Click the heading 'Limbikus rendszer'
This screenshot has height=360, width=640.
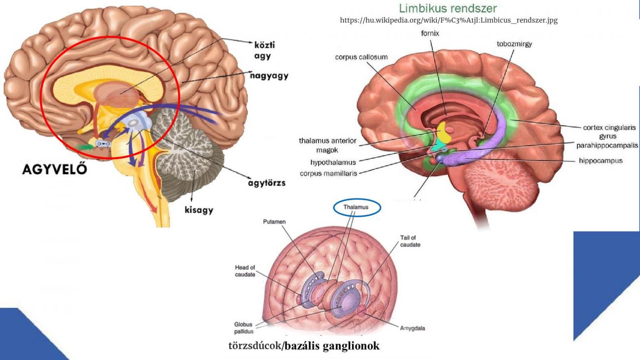point(448,8)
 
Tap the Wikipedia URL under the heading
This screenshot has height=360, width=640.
point(448,21)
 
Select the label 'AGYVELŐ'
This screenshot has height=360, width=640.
point(55,169)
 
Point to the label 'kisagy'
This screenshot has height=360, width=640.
point(199,210)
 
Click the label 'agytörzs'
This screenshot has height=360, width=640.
point(266,183)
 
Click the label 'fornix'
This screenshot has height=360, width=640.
point(430,34)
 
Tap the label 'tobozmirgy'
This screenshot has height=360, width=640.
point(514,44)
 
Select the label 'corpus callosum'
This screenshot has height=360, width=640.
point(361,57)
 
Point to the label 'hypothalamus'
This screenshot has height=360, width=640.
point(333,162)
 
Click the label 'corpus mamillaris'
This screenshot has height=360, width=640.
point(328,173)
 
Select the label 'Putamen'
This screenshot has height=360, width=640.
point(275,222)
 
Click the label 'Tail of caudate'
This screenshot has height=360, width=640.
point(410,241)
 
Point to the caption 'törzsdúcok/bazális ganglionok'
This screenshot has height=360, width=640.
point(304,346)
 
